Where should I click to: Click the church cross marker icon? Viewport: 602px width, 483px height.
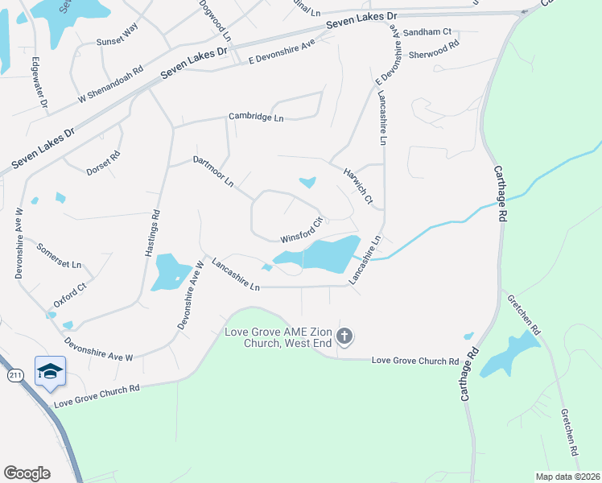(x=344, y=336)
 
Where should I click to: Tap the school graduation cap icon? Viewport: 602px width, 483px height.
(x=50, y=370)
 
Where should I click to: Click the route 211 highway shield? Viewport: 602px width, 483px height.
(x=14, y=375)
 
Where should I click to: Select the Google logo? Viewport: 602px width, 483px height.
(x=27, y=473)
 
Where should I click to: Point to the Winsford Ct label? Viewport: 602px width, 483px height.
(x=301, y=230)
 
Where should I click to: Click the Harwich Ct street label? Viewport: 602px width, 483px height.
(x=359, y=185)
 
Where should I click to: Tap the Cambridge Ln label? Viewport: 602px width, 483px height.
(x=257, y=117)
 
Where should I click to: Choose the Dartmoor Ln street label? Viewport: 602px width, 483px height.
(x=213, y=171)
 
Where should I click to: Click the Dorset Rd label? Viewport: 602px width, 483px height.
(x=103, y=163)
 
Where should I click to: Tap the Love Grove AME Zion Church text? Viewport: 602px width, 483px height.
(x=277, y=338)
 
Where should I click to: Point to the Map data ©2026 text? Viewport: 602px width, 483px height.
(x=567, y=477)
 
